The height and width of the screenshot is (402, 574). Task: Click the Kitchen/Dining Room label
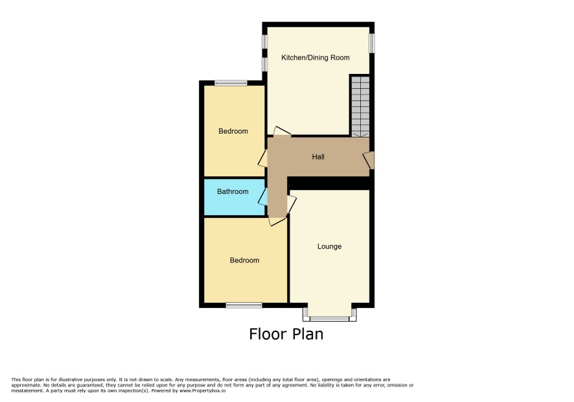coord(316,58)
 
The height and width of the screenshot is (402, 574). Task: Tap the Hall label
coord(318,157)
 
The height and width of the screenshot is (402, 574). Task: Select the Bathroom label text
coord(233,191)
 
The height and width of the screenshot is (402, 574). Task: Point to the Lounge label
coord(330,246)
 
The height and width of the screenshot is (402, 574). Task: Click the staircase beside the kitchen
coord(360,106)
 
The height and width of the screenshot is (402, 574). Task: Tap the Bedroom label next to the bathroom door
coord(244,260)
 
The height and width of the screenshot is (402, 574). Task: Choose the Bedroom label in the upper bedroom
coord(233,131)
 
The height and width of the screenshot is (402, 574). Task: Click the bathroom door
coord(263,197)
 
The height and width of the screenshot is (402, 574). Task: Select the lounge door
coord(292,204)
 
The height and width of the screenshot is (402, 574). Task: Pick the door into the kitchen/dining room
coord(282,131)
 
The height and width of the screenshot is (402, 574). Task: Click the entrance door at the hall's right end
coord(369,161)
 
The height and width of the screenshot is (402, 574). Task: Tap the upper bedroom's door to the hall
coord(263,158)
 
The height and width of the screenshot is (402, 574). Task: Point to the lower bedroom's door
coord(277,220)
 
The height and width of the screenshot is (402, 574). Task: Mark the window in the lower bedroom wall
coord(244,305)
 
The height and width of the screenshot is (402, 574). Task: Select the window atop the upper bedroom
coord(231,83)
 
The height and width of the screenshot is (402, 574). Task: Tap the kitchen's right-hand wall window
coord(372,43)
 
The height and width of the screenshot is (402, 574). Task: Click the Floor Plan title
coord(286,334)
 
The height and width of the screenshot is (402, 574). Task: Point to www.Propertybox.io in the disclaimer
coord(202,390)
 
